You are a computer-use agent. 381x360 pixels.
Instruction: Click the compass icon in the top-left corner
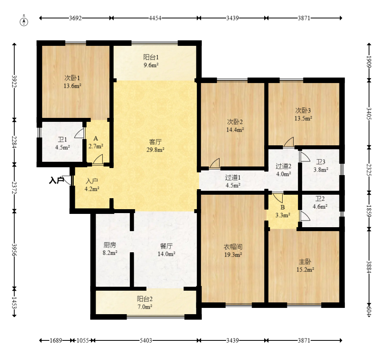(24, 22)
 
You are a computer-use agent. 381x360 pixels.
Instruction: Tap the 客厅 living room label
(155, 142)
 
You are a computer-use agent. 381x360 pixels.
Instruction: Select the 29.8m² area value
(155, 150)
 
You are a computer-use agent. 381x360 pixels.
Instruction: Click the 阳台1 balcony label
(151, 57)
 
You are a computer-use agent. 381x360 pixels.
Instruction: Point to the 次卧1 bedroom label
(72, 78)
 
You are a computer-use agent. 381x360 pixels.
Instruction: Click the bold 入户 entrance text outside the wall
(56, 180)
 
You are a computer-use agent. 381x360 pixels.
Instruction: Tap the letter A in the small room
(96, 138)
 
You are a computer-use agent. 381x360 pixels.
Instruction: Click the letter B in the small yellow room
(283, 207)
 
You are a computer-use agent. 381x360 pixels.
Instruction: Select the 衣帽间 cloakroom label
(233, 247)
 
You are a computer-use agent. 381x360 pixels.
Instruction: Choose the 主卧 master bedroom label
(305, 262)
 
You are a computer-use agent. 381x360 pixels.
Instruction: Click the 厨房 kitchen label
(110, 245)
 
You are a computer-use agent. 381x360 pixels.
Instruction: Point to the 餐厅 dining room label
(167, 246)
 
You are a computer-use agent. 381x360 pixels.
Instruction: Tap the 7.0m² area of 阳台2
(145, 307)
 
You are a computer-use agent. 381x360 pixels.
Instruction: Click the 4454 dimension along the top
(155, 18)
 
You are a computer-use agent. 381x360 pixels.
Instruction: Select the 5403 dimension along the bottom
(146, 340)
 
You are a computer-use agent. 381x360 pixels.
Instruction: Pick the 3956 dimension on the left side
(14, 250)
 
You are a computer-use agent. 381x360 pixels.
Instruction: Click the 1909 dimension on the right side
(369, 62)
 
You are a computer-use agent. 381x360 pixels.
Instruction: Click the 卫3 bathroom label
(321, 162)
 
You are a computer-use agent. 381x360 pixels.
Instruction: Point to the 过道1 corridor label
(233, 177)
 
